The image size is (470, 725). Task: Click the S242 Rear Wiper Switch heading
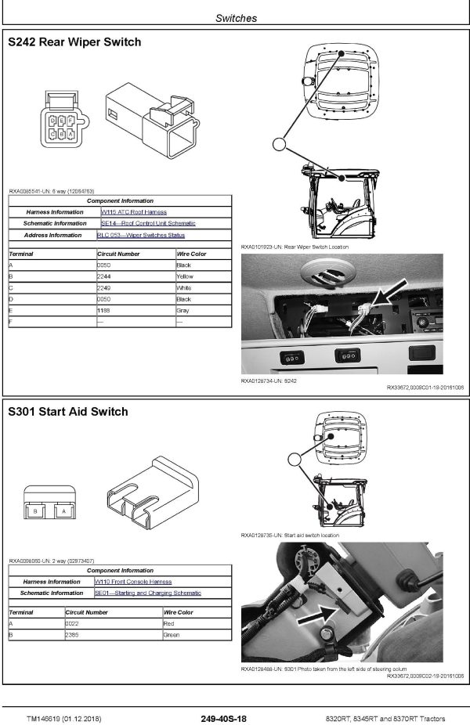coord(74,42)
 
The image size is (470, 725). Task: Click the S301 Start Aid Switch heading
coord(67,412)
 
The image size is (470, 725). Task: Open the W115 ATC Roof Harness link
coord(134,212)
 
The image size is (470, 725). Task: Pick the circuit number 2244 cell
coord(104,276)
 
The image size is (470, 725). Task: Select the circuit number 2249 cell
coord(104,287)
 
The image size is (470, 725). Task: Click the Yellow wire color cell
coord(185,276)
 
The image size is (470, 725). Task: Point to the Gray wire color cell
coord(183,310)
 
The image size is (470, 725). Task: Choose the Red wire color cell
coord(168,623)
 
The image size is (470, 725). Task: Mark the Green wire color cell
coord(171,635)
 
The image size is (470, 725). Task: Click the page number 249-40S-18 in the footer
coord(223,718)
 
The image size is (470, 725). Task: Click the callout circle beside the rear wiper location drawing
coord(280,143)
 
